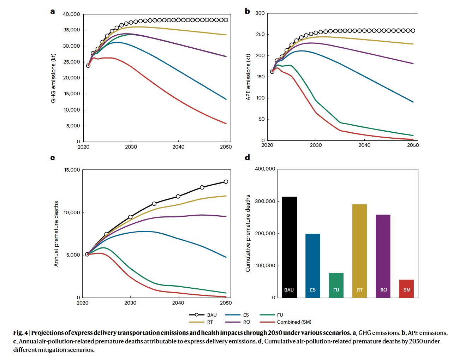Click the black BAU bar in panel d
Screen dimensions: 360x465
tap(289, 247)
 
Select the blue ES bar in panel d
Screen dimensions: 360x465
tap(312, 265)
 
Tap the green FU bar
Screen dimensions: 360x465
tap(336, 285)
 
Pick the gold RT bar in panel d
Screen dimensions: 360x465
tap(359, 251)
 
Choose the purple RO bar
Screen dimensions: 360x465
tap(383, 256)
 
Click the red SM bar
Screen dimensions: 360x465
tap(406, 289)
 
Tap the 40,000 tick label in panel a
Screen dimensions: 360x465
tap(71, 14)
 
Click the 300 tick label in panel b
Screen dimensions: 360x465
tap(260, 13)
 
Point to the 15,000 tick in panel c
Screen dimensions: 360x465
tap(72, 170)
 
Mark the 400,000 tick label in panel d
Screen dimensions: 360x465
tap(265, 169)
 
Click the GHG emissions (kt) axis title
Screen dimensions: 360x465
tap(53, 78)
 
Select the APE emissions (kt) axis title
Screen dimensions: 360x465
tap(248, 77)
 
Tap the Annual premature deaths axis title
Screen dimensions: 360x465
tap(56, 234)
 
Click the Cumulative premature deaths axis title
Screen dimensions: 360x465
tap(248, 233)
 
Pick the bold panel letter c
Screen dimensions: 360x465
tap(53, 158)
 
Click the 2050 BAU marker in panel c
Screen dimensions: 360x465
tap(226, 182)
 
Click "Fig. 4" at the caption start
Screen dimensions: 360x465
tap(20, 333)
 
